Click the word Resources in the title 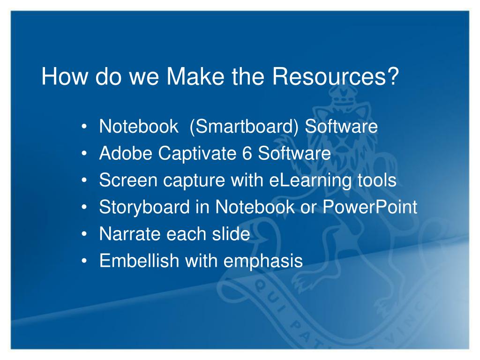pyautogui.click(x=329, y=76)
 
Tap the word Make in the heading pyautogui.click(x=195, y=76)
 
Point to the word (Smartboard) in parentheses pyautogui.click(x=244, y=126)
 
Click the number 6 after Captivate pyautogui.click(x=247, y=153)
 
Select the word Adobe pyautogui.click(x=126, y=153)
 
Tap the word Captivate pyautogui.click(x=197, y=154)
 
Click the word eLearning pyautogui.click(x=310, y=180)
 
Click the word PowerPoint pyautogui.click(x=370, y=207)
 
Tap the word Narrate pyautogui.click(x=130, y=234)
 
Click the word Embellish pyautogui.click(x=139, y=261)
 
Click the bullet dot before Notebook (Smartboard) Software pyautogui.click(x=84, y=127)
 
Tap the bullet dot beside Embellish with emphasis pyautogui.click(x=84, y=261)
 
